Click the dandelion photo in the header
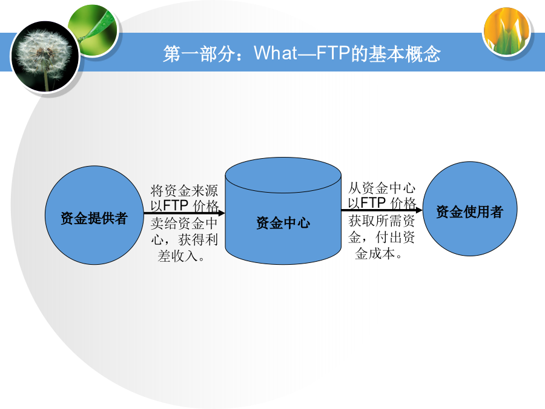tap(45, 57)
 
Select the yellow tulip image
tap(507, 32)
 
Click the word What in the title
tap(276, 53)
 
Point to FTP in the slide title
tap(332, 53)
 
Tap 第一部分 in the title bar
tap(199, 54)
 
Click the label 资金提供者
tap(94, 218)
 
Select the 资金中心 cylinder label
tap(283, 223)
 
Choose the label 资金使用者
tap(469, 212)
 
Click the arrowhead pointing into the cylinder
tap(222, 213)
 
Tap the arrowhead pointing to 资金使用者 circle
tap(419, 210)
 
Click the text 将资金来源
tap(184, 191)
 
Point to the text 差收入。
tap(181, 256)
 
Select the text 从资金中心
tap(381, 188)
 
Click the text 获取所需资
tap(381, 221)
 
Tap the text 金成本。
tap(378, 253)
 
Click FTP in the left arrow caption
tap(176, 205)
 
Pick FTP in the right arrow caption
tap(373, 202)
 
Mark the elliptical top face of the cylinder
tap(283, 175)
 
